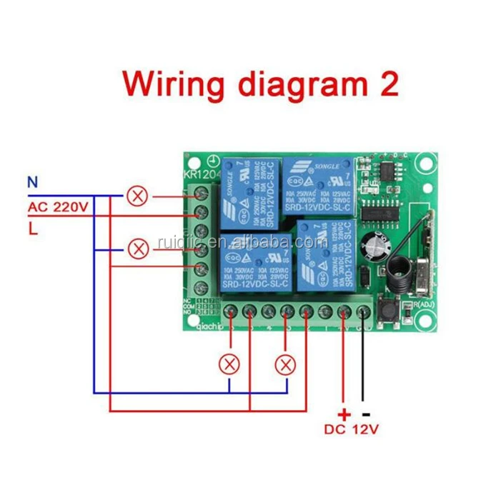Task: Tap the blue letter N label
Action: (x=32, y=183)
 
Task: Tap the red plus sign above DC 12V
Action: (x=344, y=414)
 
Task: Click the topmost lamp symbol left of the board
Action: (x=137, y=194)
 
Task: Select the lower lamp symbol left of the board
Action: (x=137, y=249)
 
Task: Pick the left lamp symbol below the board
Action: (x=229, y=363)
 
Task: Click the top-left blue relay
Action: (x=249, y=194)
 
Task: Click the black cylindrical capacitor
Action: (x=375, y=244)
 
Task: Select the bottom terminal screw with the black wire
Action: (x=362, y=311)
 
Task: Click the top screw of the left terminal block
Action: (x=201, y=193)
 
